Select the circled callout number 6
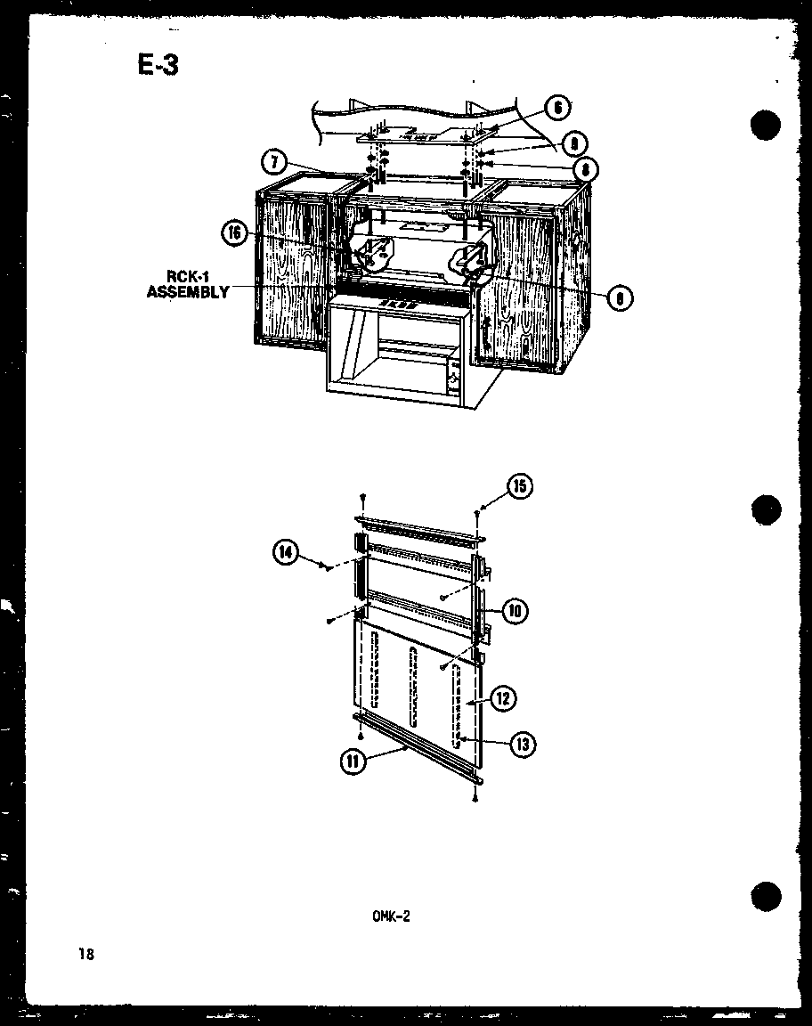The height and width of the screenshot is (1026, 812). pyautogui.click(x=556, y=108)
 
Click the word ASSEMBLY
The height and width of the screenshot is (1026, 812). pyautogui.click(x=188, y=291)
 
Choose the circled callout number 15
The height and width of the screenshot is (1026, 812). pyautogui.click(x=519, y=486)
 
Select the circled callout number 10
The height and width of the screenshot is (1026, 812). pyautogui.click(x=515, y=611)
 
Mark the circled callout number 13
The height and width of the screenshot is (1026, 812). pyautogui.click(x=522, y=745)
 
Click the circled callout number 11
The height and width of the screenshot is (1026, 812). pyautogui.click(x=355, y=762)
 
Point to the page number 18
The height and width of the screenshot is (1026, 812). pyautogui.click(x=85, y=955)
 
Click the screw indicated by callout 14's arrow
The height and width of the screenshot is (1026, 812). pyautogui.click(x=329, y=566)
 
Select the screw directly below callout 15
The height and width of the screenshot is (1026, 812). pyautogui.click(x=481, y=512)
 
